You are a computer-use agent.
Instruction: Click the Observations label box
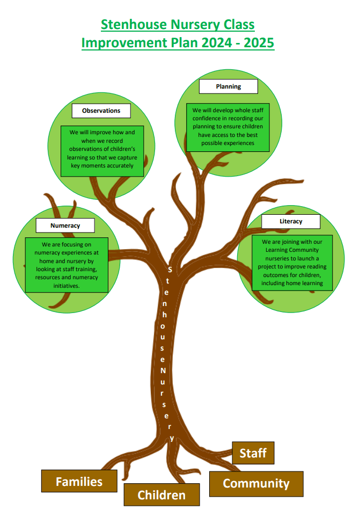pyautogui.click(x=101, y=111)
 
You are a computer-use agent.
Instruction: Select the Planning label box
pyautogui.click(x=229, y=86)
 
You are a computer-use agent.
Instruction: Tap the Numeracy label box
pyautogui.click(x=65, y=226)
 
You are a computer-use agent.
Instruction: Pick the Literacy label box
pyautogui.click(x=291, y=221)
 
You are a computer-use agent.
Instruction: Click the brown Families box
pyautogui.click(x=79, y=481)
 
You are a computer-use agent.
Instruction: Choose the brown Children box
pyautogui.click(x=161, y=495)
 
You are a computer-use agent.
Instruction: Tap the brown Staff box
pyautogui.click(x=253, y=453)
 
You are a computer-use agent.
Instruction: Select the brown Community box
pyautogui.click(x=256, y=483)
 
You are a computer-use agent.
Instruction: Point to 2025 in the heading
pyautogui.click(x=259, y=42)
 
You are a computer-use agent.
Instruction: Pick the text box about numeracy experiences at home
pyautogui.click(x=67, y=265)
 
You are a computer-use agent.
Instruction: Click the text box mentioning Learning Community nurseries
pyautogui.click(x=292, y=263)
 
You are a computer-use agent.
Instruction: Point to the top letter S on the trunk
pyautogui.click(x=170, y=269)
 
